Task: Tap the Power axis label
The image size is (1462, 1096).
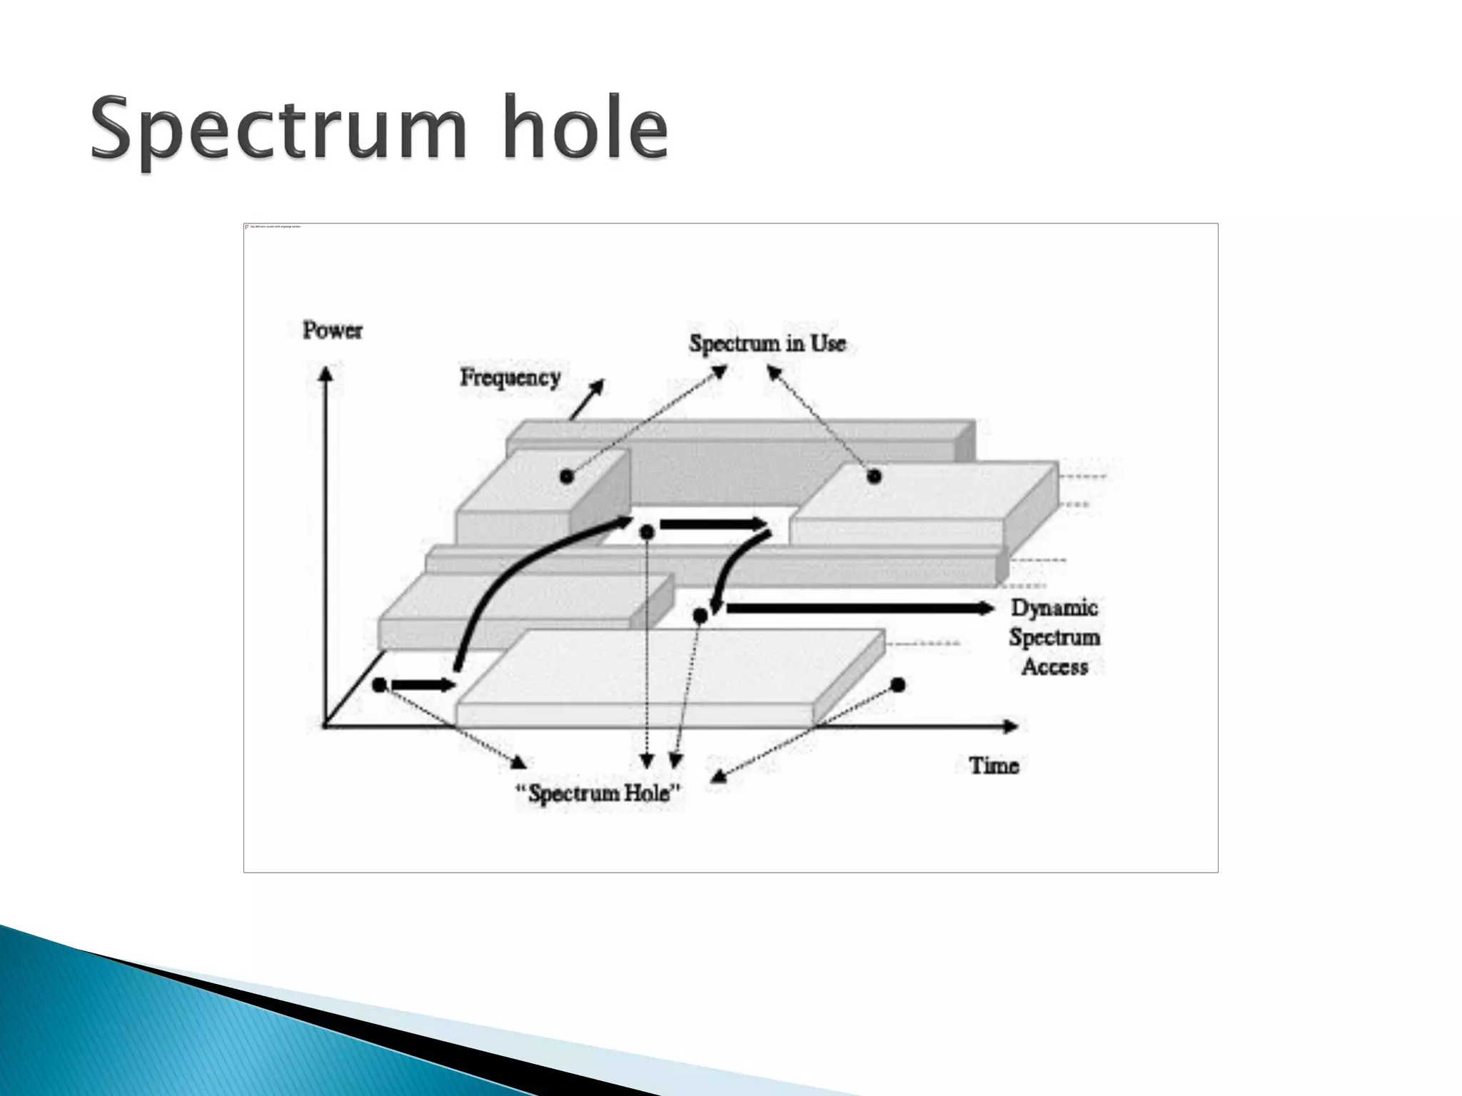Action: pyautogui.click(x=332, y=330)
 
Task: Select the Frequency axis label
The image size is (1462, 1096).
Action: pyautogui.click(x=510, y=377)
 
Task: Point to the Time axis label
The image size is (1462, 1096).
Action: pyautogui.click(x=994, y=766)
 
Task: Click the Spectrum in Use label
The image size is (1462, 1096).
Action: pyautogui.click(x=767, y=343)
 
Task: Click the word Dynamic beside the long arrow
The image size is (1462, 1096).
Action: pyautogui.click(x=1054, y=608)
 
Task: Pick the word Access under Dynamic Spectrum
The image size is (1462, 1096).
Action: pyautogui.click(x=1054, y=666)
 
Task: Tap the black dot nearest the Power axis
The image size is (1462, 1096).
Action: pyautogui.click(x=380, y=685)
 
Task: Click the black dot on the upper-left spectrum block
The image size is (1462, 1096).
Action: pyautogui.click(x=567, y=477)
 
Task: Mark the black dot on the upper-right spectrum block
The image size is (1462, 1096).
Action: pyautogui.click(x=874, y=476)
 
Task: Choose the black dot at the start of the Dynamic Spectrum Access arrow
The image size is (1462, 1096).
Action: pyautogui.click(x=700, y=615)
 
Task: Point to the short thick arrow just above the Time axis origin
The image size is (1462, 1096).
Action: pyautogui.click(x=423, y=685)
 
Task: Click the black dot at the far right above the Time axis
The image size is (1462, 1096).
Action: pyautogui.click(x=898, y=685)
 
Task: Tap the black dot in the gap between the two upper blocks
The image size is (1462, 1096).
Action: pyautogui.click(x=647, y=532)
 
